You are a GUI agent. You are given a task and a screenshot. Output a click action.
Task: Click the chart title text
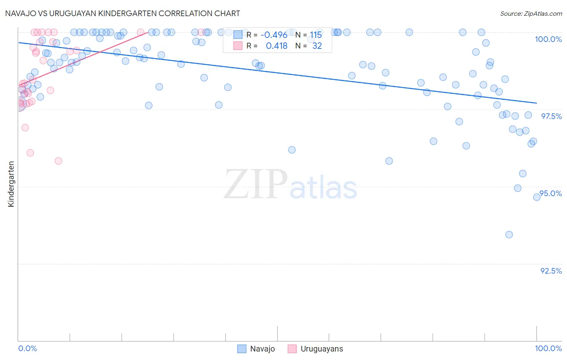(123, 13)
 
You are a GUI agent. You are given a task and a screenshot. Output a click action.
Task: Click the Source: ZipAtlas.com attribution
(531, 13)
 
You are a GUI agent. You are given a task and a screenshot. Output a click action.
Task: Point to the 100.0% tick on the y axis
(548, 39)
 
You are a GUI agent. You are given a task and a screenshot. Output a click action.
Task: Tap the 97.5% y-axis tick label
(551, 116)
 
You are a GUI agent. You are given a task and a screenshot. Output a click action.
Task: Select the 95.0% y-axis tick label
(551, 193)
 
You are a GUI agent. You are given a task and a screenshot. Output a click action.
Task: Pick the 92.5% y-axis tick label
(551, 271)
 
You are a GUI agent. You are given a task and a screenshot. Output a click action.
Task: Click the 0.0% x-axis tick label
(28, 348)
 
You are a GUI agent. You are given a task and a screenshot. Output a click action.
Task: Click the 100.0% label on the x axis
(548, 348)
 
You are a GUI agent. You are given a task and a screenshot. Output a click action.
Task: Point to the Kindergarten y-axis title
(11, 184)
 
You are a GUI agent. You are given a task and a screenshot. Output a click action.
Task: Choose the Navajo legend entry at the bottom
(256, 349)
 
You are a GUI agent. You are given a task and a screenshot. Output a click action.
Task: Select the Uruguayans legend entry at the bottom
(315, 349)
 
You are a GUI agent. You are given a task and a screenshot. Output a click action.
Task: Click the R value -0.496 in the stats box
(274, 35)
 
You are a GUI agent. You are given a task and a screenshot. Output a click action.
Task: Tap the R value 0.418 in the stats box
(277, 46)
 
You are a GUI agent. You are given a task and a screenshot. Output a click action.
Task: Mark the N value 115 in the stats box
(316, 35)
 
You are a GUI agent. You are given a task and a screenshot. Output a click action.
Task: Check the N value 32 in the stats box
(317, 46)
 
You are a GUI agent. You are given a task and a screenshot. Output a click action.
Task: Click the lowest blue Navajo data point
(509, 234)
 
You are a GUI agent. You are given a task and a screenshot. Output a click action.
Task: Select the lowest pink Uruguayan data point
(58, 161)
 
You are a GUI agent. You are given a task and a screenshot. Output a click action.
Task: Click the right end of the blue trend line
(536, 103)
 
